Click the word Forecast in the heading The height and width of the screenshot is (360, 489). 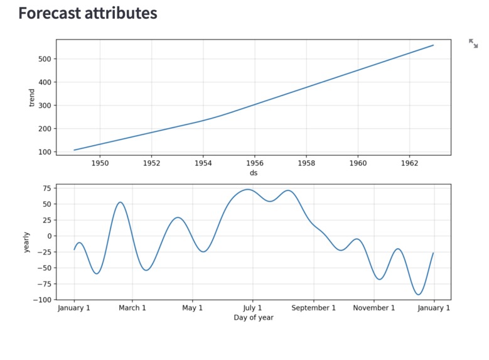point(50,13)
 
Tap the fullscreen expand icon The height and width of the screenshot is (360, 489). point(473,43)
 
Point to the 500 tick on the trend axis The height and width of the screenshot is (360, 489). point(45,59)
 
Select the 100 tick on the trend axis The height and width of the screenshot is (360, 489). point(45,152)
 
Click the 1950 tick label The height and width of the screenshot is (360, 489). point(100,163)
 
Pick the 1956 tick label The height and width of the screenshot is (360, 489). point(254,163)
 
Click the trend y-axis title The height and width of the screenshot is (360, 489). point(32,97)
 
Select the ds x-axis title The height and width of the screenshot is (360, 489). point(254,173)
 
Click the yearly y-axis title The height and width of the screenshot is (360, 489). point(26,242)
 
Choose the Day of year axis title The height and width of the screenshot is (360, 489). point(254,317)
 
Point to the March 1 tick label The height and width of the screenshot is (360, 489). point(132,308)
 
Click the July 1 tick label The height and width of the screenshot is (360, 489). point(252,308)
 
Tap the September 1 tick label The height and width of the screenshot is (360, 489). point(314,308)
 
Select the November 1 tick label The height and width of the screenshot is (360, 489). point(373,308)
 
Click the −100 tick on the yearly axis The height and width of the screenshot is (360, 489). point(43,300)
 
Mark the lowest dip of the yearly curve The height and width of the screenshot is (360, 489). point(418,295)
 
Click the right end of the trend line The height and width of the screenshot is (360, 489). point(433,45)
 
